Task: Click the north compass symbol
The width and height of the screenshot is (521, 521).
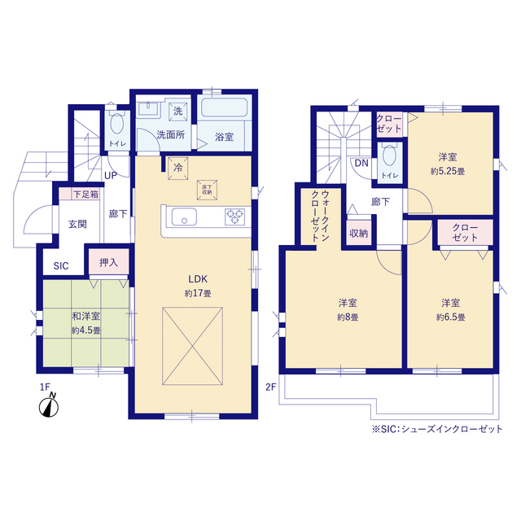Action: point(49,405)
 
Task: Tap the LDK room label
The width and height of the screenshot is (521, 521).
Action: point(198,279)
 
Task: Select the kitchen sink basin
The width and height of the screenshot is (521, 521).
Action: point(184,217)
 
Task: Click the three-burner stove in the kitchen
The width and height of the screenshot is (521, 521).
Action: point(235,217)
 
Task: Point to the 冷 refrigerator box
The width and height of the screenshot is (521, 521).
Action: point(178,169)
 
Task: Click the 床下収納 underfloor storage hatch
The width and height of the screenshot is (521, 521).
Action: point(207,190)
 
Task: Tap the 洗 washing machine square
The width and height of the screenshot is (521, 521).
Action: point(178,111)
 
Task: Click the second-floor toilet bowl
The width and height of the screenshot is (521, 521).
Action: point(389,155)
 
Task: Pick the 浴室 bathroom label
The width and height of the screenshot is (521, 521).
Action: point(224,137)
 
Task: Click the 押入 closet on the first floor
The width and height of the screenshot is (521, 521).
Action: point(108,262)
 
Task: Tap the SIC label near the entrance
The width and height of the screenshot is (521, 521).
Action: point(61,266)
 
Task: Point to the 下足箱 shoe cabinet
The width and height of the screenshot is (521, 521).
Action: point(80,194)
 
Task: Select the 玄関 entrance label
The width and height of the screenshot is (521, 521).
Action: point(77,224)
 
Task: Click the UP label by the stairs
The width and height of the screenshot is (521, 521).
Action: point(111,176)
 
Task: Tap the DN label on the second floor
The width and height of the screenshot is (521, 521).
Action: point(361,163)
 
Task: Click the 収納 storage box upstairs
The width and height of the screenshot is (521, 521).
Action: point(358,234)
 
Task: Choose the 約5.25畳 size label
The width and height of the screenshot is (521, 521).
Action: point(448,172)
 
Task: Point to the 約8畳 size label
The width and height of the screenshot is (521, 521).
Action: point(348,317)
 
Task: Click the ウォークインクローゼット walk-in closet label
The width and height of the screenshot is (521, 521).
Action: point(320,216)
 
